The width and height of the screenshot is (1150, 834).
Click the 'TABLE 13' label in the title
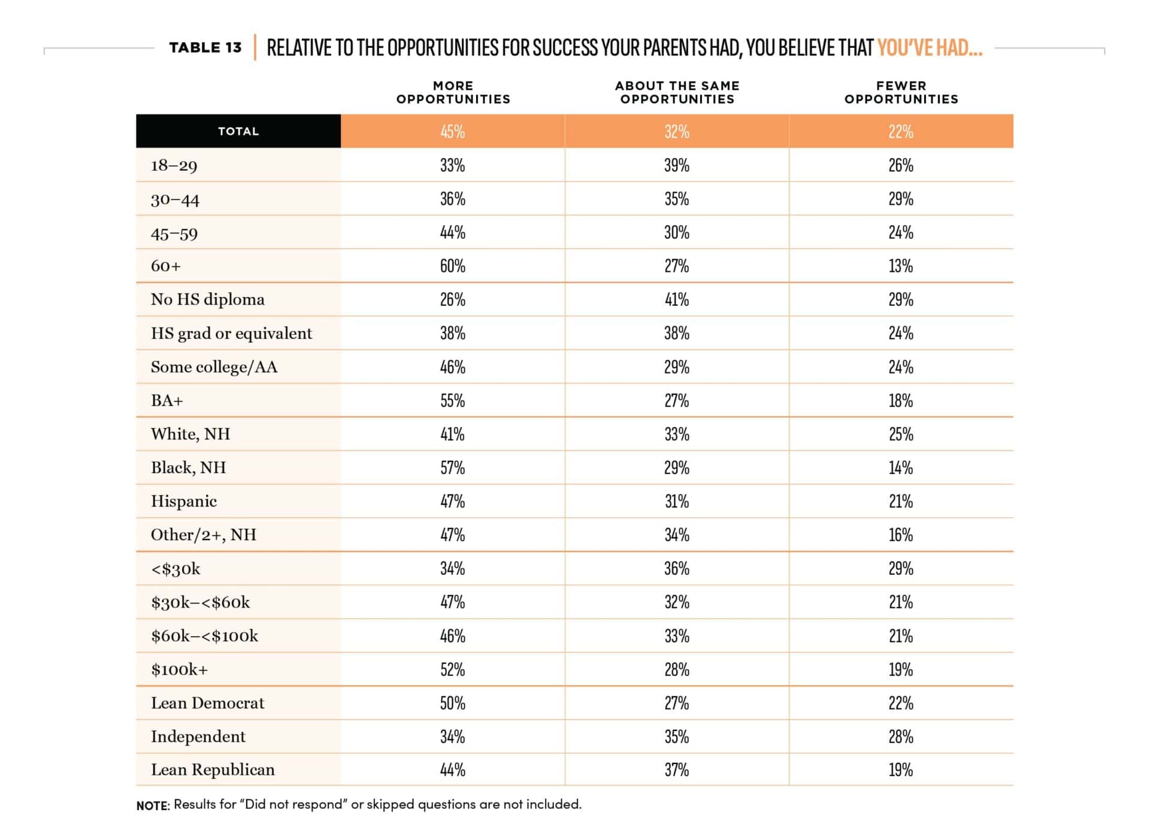[205, 47]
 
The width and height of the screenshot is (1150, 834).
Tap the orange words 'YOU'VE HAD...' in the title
[930, 47]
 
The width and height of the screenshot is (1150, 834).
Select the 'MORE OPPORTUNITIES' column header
[453, 92]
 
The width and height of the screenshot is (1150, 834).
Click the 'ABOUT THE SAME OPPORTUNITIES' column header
[677, 92]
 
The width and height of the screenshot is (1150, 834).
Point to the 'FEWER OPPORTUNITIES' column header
[901, 92]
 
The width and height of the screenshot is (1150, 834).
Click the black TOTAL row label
[238, 131]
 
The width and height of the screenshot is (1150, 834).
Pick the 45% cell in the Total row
[453, 132]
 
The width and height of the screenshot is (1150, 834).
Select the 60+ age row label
[166, 266]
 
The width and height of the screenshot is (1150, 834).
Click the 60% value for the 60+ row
[453, 266]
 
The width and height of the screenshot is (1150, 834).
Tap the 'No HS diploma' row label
[208, 299]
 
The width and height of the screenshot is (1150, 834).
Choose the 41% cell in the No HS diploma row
[677, 299]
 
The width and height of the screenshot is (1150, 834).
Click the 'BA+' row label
[167, 400]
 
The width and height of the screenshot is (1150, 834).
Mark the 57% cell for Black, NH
[453, 468]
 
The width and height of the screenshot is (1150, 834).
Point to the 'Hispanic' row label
[184, 501]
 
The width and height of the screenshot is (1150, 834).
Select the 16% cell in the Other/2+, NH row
[901, 535]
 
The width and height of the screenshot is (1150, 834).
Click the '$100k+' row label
[180, 669]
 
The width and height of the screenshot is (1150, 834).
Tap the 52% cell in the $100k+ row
[453, 669]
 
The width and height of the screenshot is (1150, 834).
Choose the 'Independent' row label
[198, 736]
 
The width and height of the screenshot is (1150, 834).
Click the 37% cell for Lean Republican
[677, 770]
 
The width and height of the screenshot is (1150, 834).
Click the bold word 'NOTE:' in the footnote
[153, 805]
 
